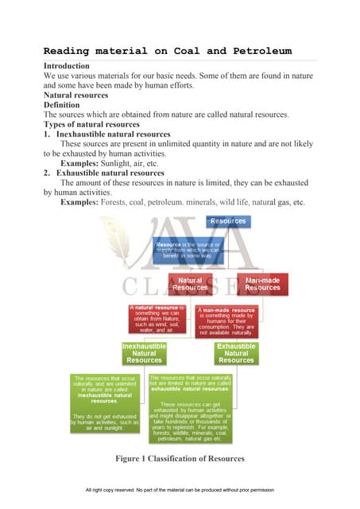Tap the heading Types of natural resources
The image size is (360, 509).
point(91,125)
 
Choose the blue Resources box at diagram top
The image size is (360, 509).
point(228,221)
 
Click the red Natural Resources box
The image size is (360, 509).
point(188,285)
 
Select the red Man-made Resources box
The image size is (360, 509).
point(262,285)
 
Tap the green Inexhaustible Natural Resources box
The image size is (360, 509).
point(144,354)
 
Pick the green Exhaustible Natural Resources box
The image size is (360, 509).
point(236,354)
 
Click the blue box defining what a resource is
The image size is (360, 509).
point(188,249)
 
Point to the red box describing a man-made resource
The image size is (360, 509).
point(227,321)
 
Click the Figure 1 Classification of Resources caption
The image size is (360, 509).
point(180,459)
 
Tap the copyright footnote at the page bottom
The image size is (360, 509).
point(180,490)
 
